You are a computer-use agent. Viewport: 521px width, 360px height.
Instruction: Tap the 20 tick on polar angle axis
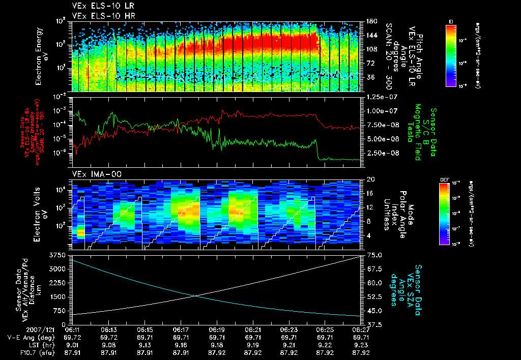coord(370,179)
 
